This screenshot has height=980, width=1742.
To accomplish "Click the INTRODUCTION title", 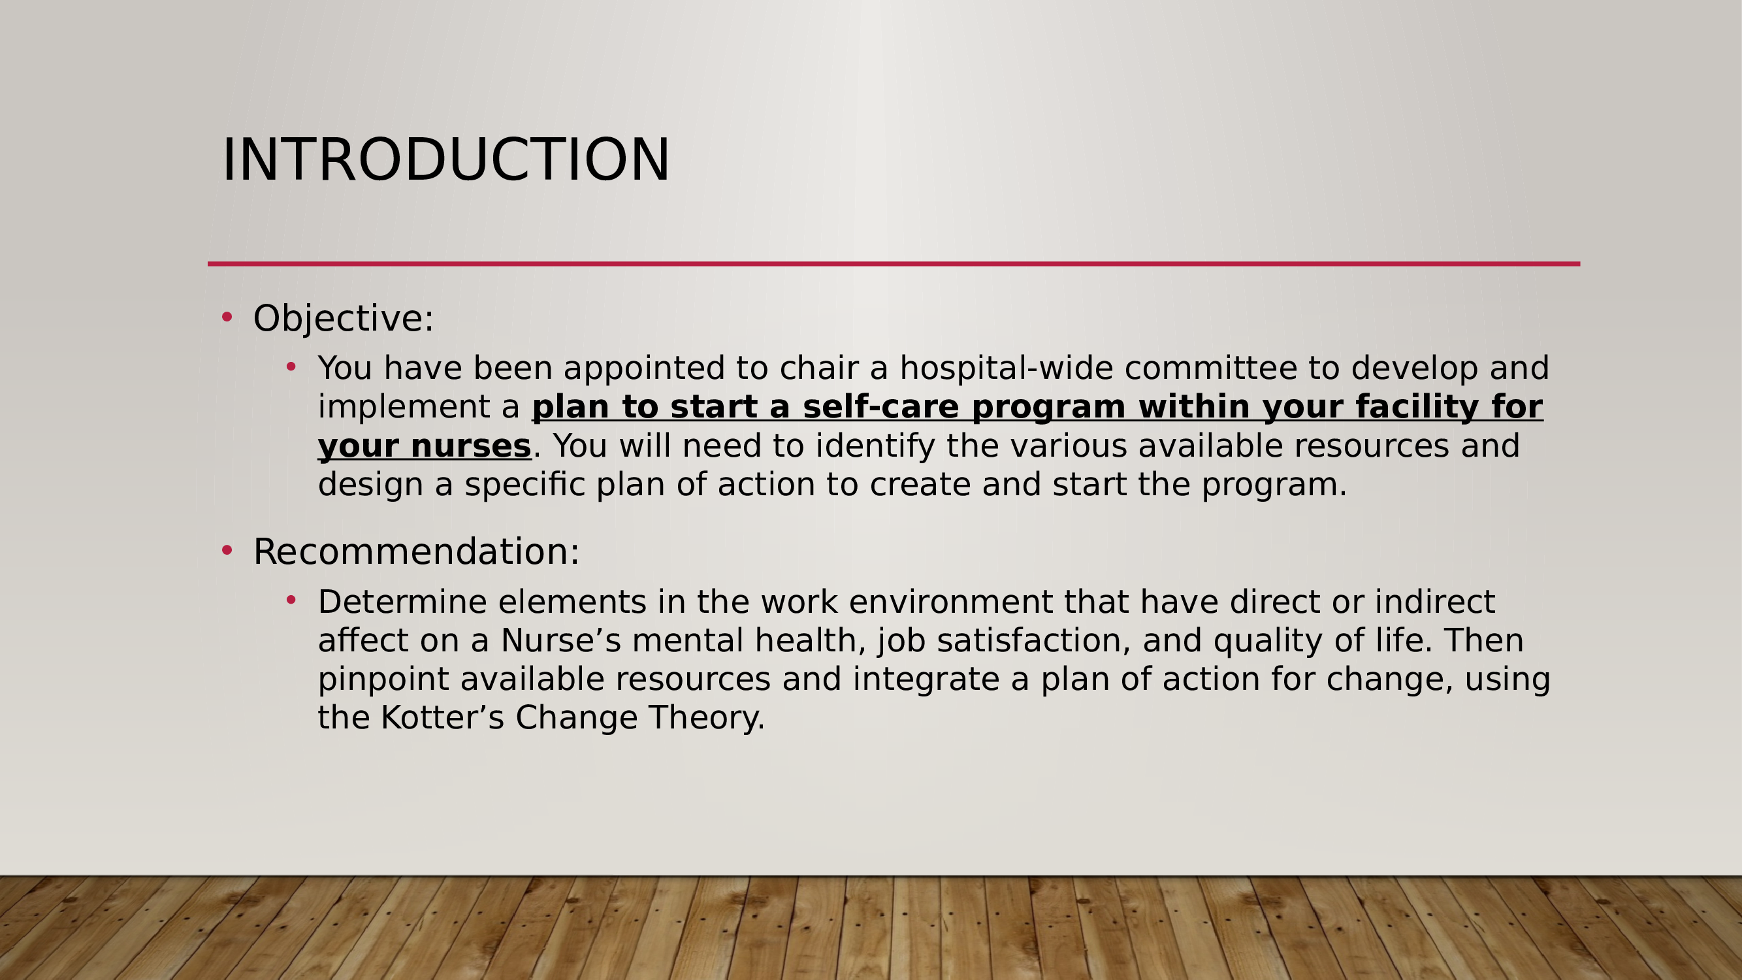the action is point(445,159).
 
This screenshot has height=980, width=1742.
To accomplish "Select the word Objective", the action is point(338,318).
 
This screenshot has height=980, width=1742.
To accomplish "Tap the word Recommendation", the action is point(411,551).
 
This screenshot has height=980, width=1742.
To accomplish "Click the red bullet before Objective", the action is point(227,316).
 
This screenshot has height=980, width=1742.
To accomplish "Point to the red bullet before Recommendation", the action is point(227,550).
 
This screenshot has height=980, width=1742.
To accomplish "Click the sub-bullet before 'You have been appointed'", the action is point(291,367).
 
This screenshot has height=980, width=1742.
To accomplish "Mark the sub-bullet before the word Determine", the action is point(291,600).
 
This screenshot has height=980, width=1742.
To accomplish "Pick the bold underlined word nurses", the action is point(471,446).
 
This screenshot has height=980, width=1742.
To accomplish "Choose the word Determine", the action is point(402,602).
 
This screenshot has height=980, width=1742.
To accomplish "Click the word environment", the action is point(951,602).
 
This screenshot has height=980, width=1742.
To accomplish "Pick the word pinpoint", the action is point(383,679).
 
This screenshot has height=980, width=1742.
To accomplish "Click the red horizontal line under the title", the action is point(894,264).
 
